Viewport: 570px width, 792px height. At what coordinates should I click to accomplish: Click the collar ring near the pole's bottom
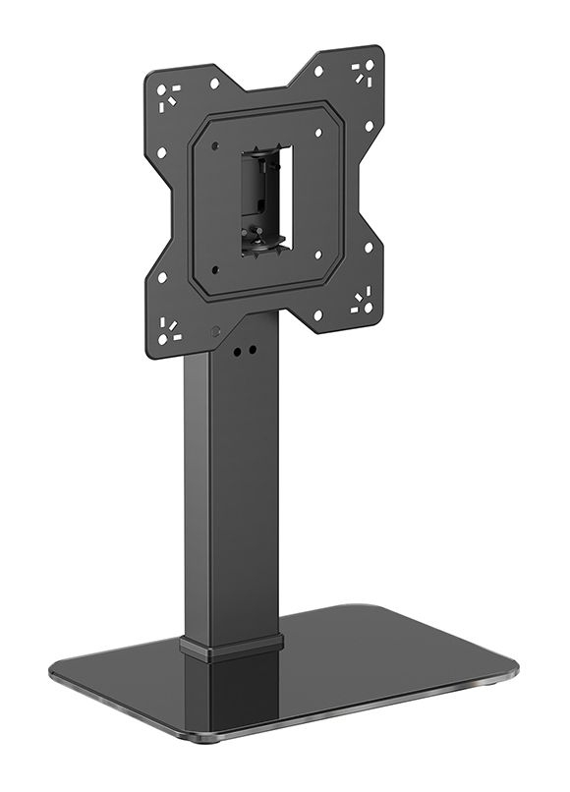click(x=231, y=645)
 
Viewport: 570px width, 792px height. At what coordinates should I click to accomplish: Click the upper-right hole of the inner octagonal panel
click(x=317, y=132)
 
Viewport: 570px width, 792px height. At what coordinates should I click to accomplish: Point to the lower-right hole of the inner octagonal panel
click(x=317, y=255)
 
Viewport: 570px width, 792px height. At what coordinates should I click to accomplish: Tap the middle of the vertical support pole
click(x=231, y=491)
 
